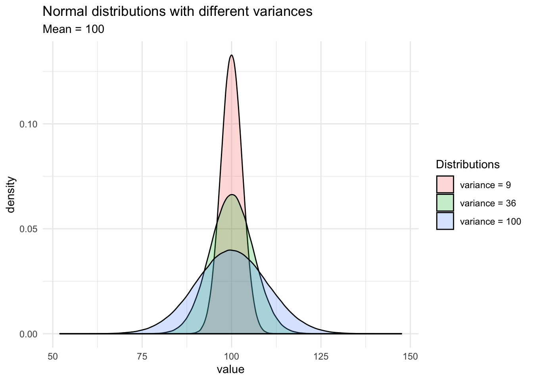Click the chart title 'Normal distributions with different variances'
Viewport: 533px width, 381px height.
coord(177,12)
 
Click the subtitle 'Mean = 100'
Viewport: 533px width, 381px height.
coord(73,29)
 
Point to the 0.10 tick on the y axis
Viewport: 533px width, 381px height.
coord(28,124)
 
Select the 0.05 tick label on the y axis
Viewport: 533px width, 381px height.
coord(28,229)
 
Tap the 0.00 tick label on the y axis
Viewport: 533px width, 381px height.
coord(28,334)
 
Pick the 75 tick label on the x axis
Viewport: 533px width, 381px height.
coord(142,356)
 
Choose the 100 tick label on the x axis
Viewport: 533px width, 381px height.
coord(232,356)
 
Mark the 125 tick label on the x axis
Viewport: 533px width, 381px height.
coord(321,356)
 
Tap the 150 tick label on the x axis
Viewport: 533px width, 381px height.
coord(410,356)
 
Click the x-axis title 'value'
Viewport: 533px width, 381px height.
coord(230,369)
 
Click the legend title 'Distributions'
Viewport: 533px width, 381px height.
coord(467,164)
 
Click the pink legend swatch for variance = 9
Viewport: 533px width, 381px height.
coord(445,185)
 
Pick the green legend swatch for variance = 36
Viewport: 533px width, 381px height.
coord(445,203)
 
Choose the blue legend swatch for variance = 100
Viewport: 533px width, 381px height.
coord(445,221)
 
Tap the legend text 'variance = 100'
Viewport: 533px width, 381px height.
coord(490,221)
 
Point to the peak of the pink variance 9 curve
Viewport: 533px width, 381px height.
coord(231,55)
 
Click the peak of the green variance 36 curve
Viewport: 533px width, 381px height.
coord(232,194)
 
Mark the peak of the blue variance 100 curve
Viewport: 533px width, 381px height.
coord(230,250)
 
